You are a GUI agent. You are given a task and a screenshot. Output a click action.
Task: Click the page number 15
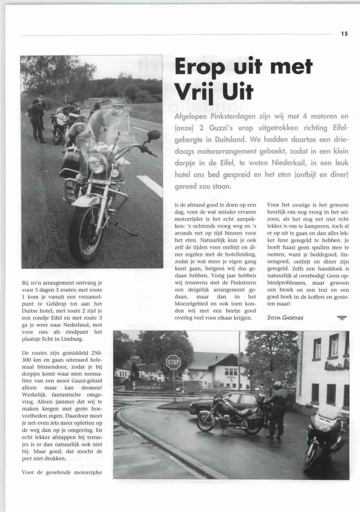(x=344, y=34)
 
